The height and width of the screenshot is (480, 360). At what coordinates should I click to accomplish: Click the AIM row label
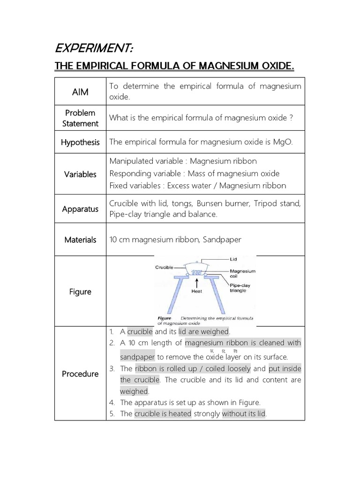coord(80,92)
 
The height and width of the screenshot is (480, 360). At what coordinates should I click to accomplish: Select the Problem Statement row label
coord(80,118)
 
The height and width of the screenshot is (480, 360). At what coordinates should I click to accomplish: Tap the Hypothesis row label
coord(80,142)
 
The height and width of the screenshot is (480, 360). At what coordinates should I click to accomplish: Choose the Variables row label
coord(80,174)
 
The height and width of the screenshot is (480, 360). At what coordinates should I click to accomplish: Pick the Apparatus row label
coord(80,209)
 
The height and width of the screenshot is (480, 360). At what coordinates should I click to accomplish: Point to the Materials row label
coord(80,240)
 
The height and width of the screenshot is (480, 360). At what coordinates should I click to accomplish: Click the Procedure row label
coord(80,374)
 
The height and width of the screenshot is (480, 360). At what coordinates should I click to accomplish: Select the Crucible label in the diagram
coord(164,267)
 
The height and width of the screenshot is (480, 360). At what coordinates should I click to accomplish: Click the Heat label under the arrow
coord(197,291)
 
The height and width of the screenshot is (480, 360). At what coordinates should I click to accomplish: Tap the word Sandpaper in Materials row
coord(223,240)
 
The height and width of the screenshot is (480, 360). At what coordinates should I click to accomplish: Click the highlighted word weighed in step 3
coord(134,391)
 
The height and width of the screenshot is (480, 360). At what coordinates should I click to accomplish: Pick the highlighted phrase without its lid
coord(244,414)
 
